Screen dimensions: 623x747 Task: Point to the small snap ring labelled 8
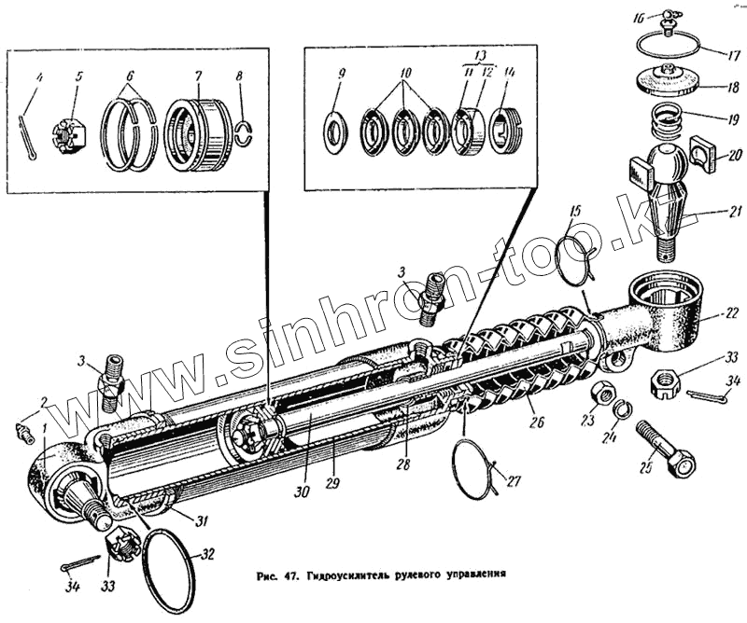coord(245,132)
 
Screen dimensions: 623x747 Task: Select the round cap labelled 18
coord(665,83)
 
